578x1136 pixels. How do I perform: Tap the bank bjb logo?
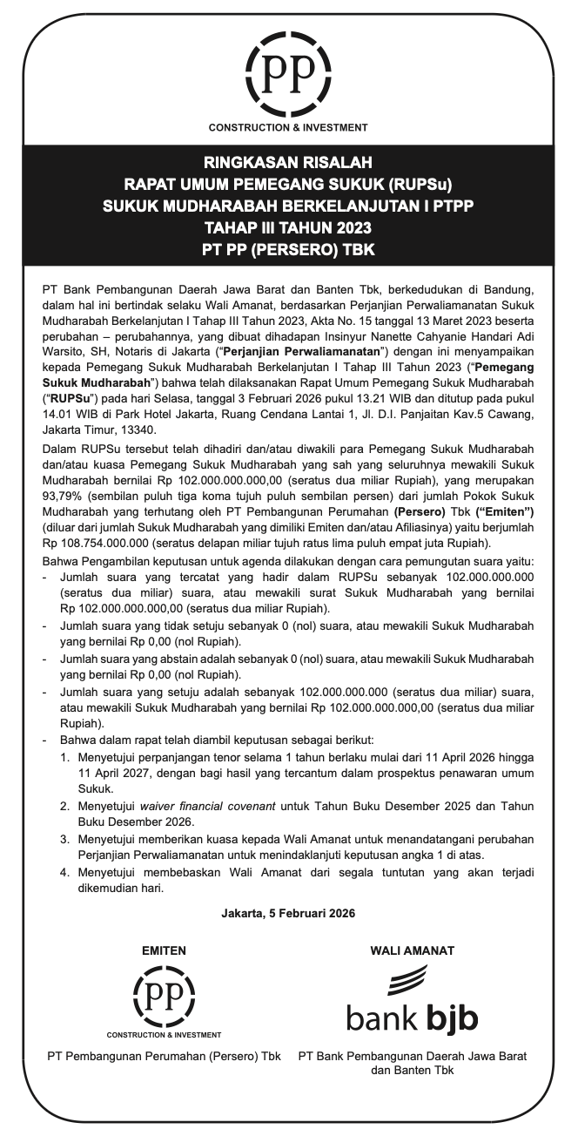(x=412, y=998)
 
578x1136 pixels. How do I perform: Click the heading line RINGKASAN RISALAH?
(x=288, y=163)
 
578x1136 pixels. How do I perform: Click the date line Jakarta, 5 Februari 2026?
(x=288, y=914)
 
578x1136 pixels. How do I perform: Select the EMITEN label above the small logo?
(x=164, y=951)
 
